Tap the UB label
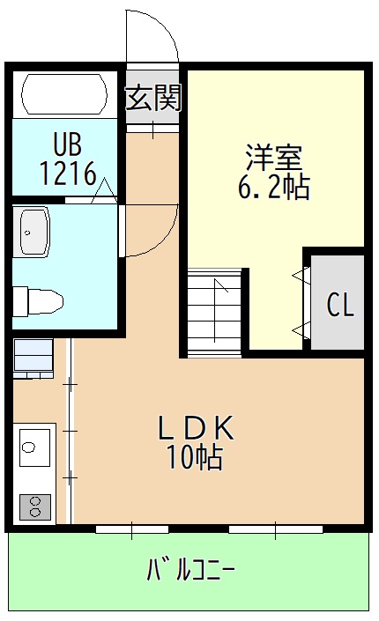67,144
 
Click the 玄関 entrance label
153,98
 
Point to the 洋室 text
274,158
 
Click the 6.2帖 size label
274,187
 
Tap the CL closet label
340,305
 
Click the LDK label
195,428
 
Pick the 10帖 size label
195,457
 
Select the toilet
37,300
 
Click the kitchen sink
33,447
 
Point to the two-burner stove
35,506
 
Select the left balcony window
131,529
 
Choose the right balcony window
274,529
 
